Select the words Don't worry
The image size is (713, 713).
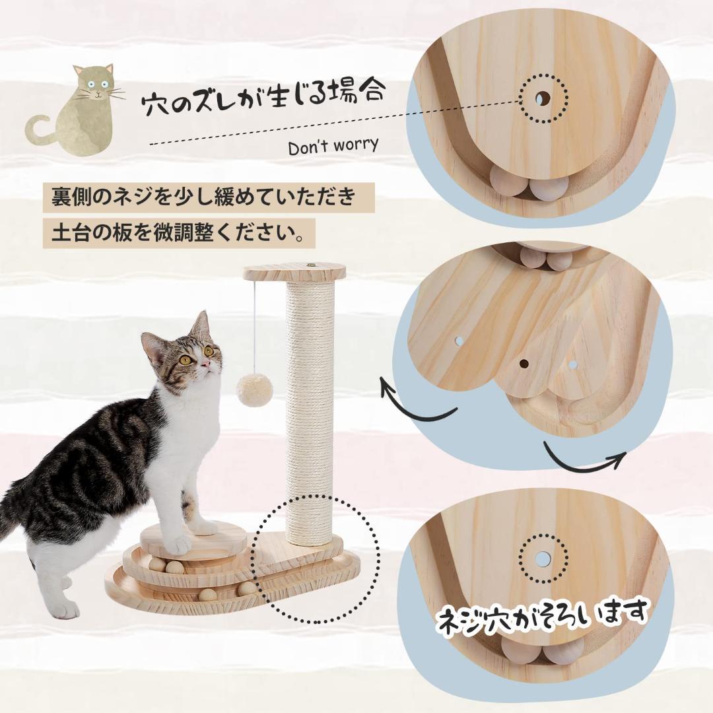333,146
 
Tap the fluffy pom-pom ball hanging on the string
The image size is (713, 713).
255,390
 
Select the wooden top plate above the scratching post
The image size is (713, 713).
294,271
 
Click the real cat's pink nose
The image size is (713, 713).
207,364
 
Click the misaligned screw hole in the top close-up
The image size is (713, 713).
543,99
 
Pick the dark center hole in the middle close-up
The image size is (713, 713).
524,363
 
